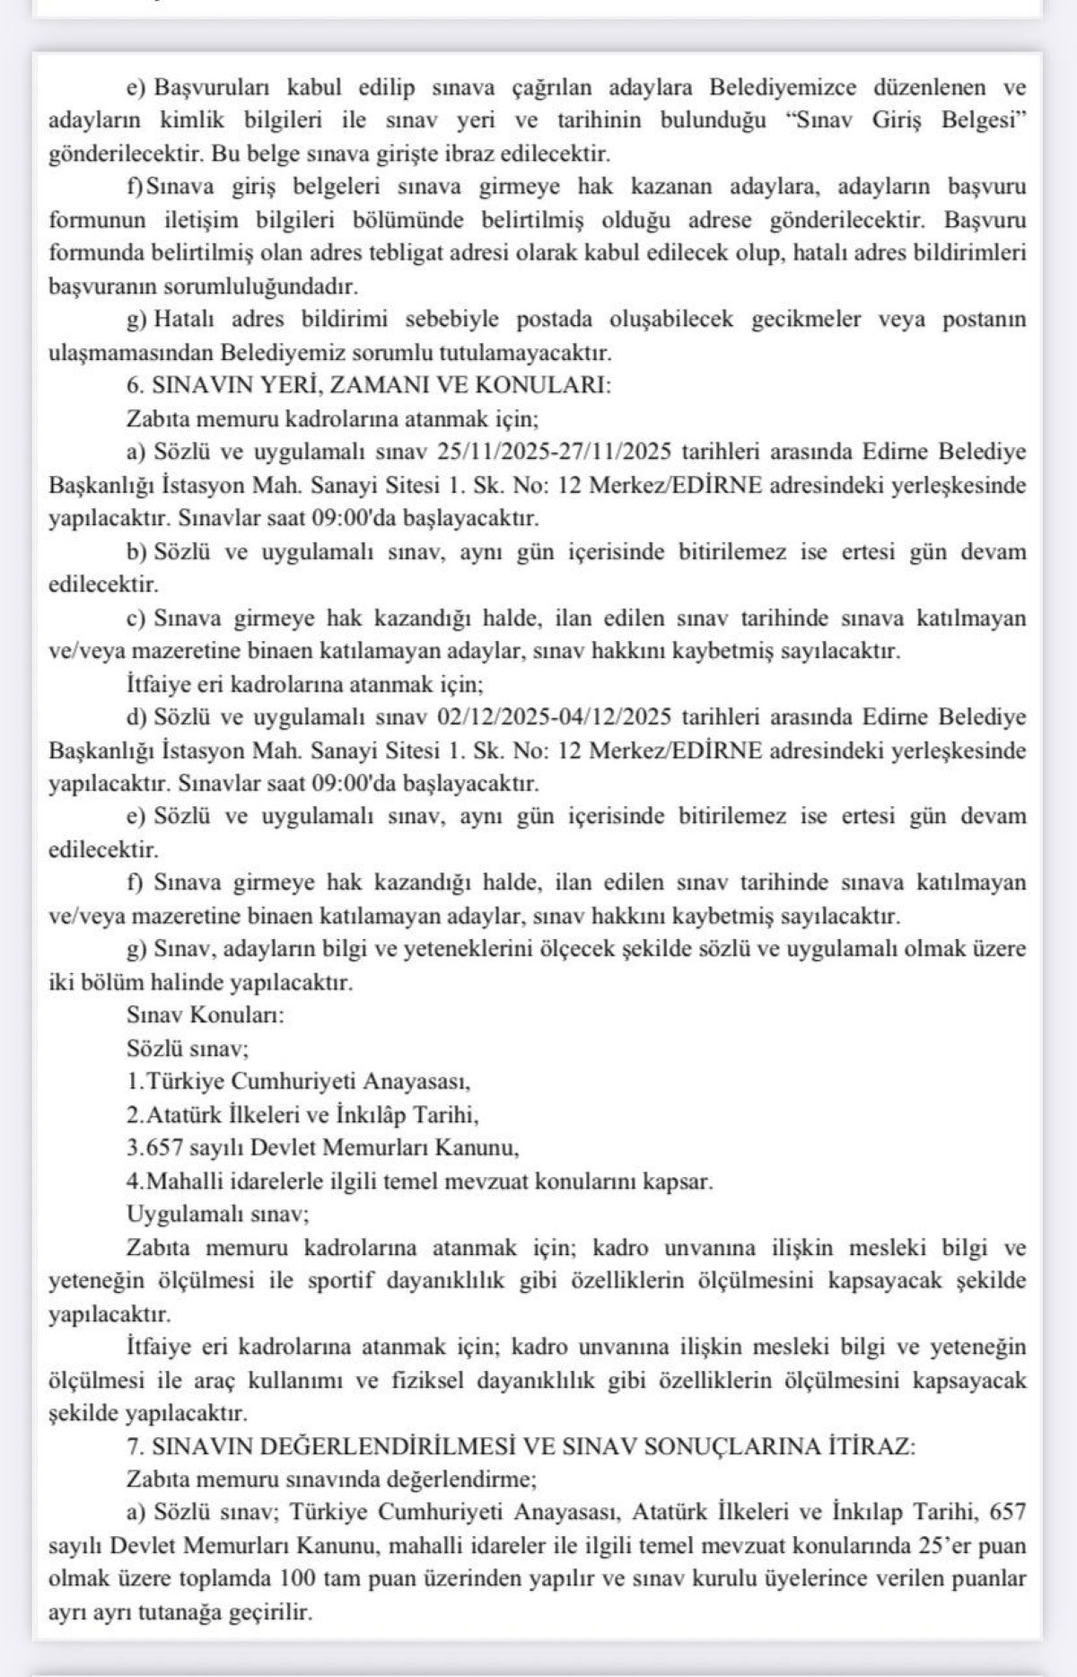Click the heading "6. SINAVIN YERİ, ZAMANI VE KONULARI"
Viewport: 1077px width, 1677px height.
pos(368,386)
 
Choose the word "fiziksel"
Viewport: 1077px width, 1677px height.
pos(428,1381)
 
